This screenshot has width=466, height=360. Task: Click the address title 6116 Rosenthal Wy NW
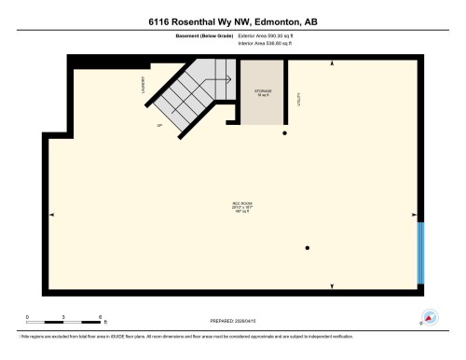[x=232, y=21]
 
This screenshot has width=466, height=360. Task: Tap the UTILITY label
[x=297, y=99]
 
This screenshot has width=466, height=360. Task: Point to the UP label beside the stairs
[x=159, y=124]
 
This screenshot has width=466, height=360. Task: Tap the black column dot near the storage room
[x=285, y=133]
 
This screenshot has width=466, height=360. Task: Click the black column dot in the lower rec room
[x=307, y=247]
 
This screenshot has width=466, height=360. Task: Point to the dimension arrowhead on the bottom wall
[x=332, y=284]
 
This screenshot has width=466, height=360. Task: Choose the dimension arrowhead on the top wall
[x=332, y=64]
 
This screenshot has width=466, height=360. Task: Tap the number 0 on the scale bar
[x=27, y=317]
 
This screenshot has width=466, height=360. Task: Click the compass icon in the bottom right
[x=430, y=317]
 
